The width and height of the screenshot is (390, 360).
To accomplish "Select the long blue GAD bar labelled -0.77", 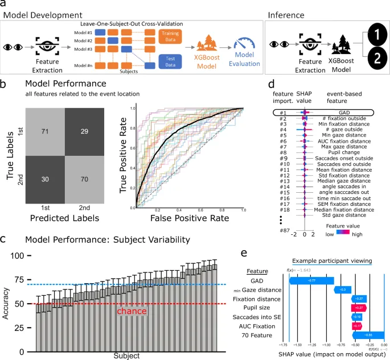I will [312, 280].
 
